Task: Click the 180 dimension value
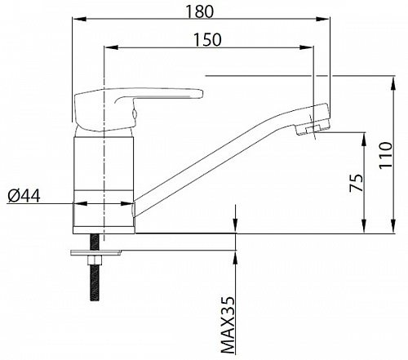200,11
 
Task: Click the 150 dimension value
207,40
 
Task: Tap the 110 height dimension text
386,155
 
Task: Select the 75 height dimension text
357,183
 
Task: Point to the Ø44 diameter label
24,196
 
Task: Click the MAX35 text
228,325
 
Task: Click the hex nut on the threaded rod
95,261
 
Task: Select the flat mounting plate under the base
95,253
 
